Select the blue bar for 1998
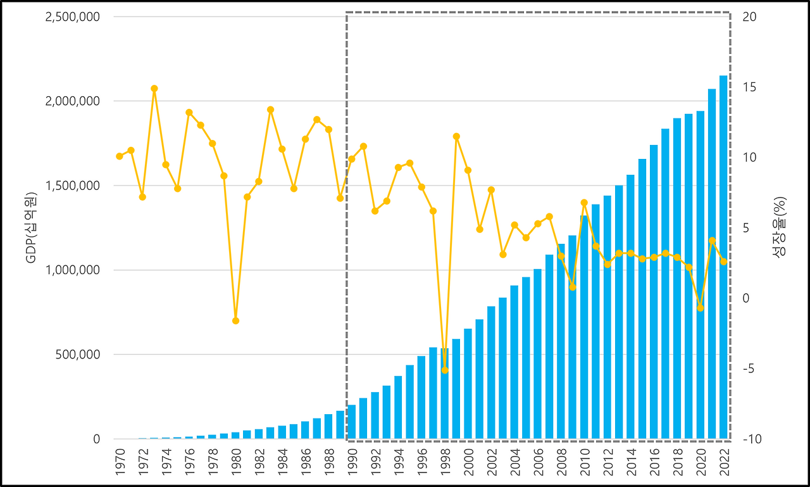click(x=444, y=393)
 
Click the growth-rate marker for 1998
click(x=444, y=370)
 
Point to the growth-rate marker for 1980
click(x=235, y=320)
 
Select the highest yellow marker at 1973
click(x=154, y=89)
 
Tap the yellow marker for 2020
click(x=700, y=308)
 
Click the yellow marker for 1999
click(x=456, y=136)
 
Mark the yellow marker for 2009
click(x=572, y=287)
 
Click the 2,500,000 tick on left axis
click(x=73, y=16)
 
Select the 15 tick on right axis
click(x=749, y=87)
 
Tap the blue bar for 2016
click(x=653, y=292)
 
